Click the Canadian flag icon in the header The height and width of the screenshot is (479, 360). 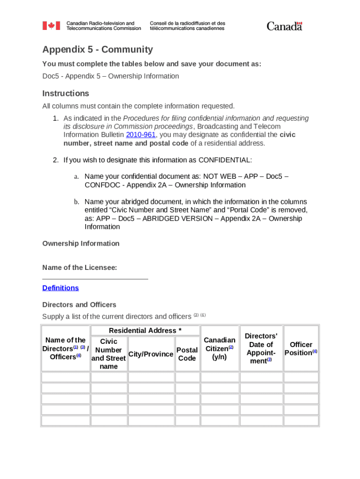[51, 26]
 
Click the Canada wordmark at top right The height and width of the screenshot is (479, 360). [284, 26]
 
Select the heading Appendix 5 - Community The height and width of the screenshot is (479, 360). [97, 50]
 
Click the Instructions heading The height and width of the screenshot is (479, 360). [65, 93]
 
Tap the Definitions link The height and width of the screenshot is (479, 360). [60, 288]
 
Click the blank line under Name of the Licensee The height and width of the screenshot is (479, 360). [95, 278]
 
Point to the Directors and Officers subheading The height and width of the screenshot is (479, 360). [79, 305]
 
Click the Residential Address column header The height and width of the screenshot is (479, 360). [145, 331]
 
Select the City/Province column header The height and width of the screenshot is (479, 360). [151, 354]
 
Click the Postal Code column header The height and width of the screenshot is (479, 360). [187, 354]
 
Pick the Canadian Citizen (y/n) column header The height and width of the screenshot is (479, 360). [219, 348]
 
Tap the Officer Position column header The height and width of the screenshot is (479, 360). [301, 348]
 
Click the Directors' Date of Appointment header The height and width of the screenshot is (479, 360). [261, 348]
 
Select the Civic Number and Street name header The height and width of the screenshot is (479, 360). [108, 354]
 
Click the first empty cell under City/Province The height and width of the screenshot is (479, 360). [151, 377]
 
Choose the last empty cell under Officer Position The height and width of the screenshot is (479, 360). [301, 421]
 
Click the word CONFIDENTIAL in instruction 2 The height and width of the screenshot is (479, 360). [225, 160]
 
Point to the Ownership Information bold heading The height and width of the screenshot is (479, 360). [81, 243]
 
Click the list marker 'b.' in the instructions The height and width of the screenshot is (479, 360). [76, 202]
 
